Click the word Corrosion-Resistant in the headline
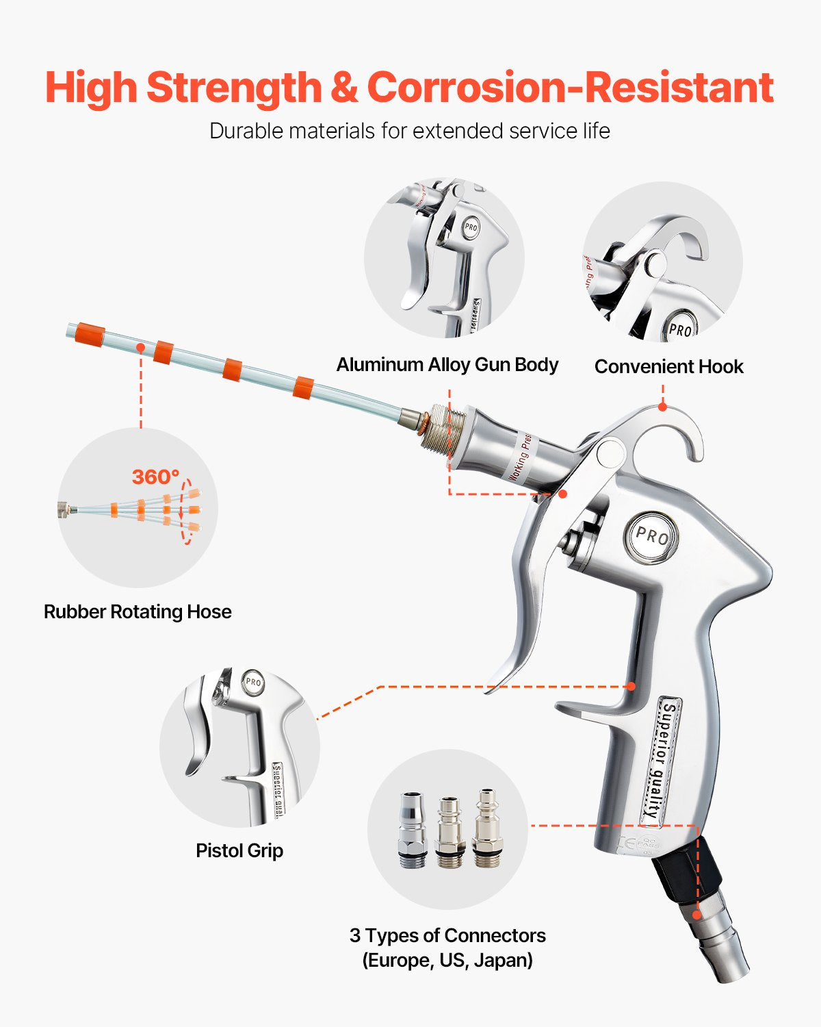click(570, 88)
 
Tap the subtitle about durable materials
click(409, 131)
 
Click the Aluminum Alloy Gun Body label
click(447, 364)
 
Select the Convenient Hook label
click(668, 366)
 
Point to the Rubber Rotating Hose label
click(138, 611)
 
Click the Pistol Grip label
click(239, 850)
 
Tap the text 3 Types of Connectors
click(447, 935)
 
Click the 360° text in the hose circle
click(155, 477)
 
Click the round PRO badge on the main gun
click(651, 536)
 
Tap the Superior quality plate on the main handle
click(660, 760)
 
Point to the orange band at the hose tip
click(90, 334)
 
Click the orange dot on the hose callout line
click(140, 348)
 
